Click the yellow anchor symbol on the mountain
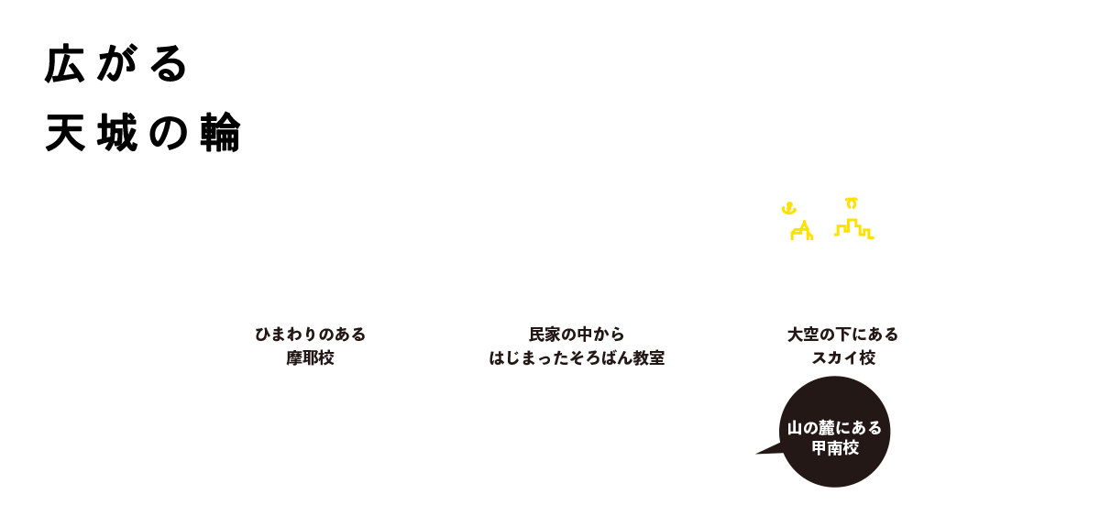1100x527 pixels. click(x=786, y=209)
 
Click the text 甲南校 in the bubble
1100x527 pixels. click(x=834, y=449)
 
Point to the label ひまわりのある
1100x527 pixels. click(x=310, y=335)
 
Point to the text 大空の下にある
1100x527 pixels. click(x=842, y=335)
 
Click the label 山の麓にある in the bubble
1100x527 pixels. click(x=834, y=428)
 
